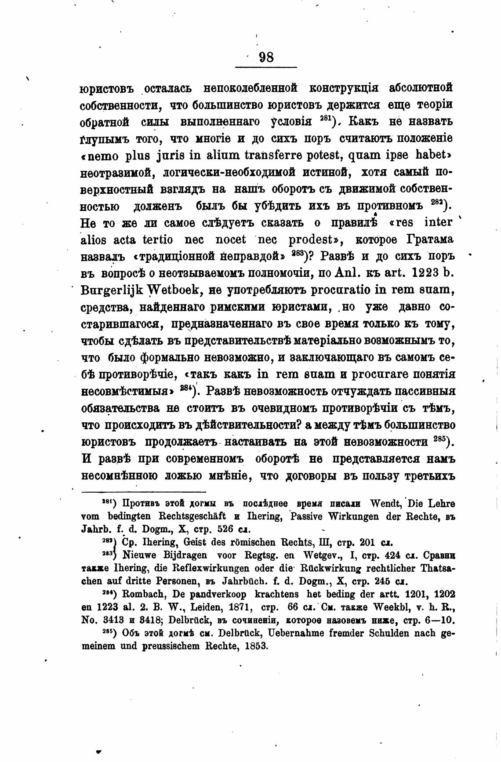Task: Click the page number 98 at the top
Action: (266, 58)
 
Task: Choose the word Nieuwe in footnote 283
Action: (139, 555)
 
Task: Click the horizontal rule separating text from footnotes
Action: (144, 492)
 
